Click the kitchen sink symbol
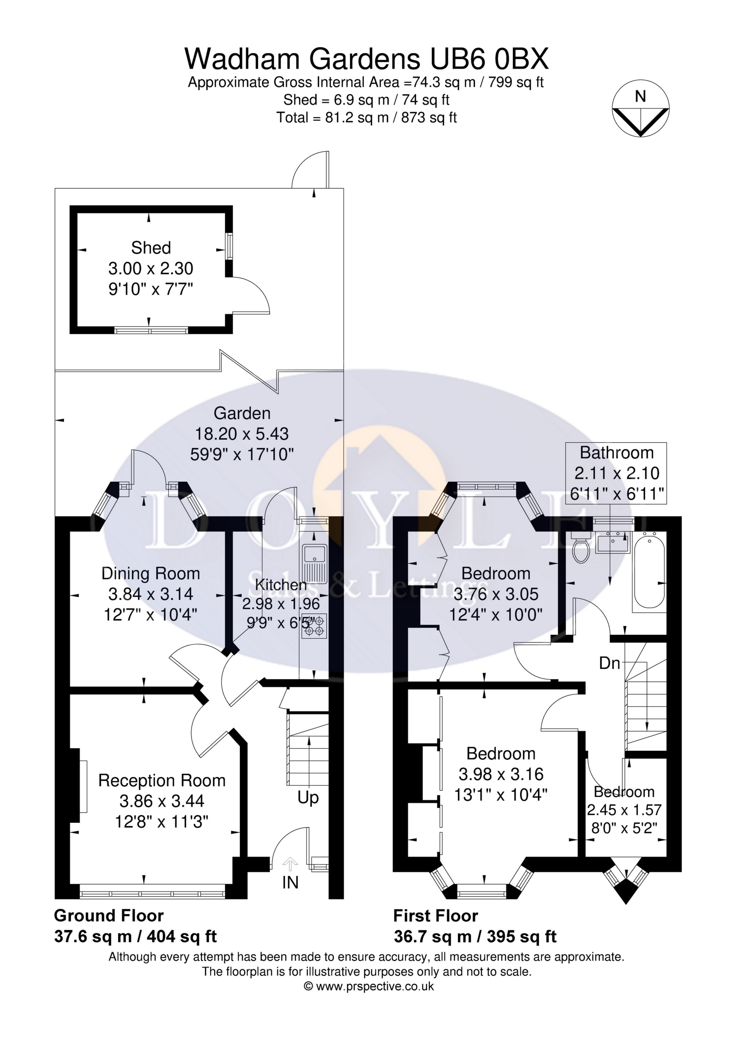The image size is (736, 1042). [314, 564]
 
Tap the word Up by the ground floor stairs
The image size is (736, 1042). [308, 798]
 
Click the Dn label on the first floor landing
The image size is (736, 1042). [610, 664]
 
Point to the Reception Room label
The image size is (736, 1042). [162, 781]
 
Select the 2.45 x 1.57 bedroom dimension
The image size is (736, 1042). [624, 810]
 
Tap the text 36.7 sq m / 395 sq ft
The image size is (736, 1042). [475, 936]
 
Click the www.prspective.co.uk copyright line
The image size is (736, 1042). [369, 986]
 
